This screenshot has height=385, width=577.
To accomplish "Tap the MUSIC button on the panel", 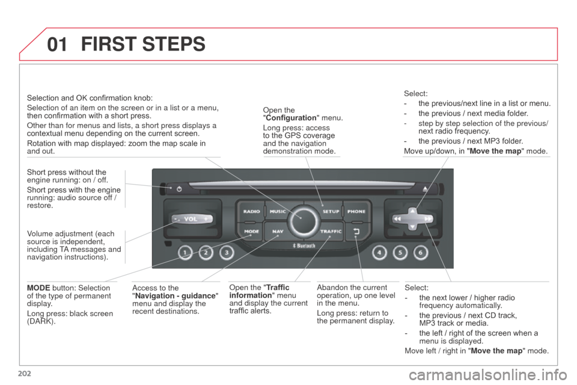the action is (278, 211).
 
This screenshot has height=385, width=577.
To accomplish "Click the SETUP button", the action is (331, 211).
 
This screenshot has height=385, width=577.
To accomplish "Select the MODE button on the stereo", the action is (251, 232).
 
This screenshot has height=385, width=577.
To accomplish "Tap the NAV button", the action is (278, 232).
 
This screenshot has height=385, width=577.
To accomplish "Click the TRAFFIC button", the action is (331, 232).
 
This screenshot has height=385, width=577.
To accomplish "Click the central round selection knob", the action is (304, 221).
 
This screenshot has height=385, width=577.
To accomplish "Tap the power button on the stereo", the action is (179, 189).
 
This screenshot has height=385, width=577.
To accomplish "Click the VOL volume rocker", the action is (191, 219).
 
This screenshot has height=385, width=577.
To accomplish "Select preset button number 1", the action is (185, 253).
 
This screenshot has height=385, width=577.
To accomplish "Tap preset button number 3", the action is (227, 253).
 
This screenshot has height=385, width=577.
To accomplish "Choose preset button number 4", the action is (379, 253).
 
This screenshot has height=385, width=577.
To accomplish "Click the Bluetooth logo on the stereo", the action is (304, 245).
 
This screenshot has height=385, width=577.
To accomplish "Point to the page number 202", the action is (24, 374).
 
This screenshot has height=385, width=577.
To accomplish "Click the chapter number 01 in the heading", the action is (58, 44).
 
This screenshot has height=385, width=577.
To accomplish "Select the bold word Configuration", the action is (291, 118).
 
